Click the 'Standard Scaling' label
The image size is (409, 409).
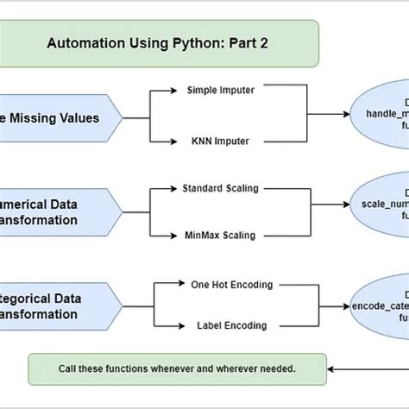point(219,187)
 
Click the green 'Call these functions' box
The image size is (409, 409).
point(177,368)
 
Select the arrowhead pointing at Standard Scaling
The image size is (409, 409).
point(174,187)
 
